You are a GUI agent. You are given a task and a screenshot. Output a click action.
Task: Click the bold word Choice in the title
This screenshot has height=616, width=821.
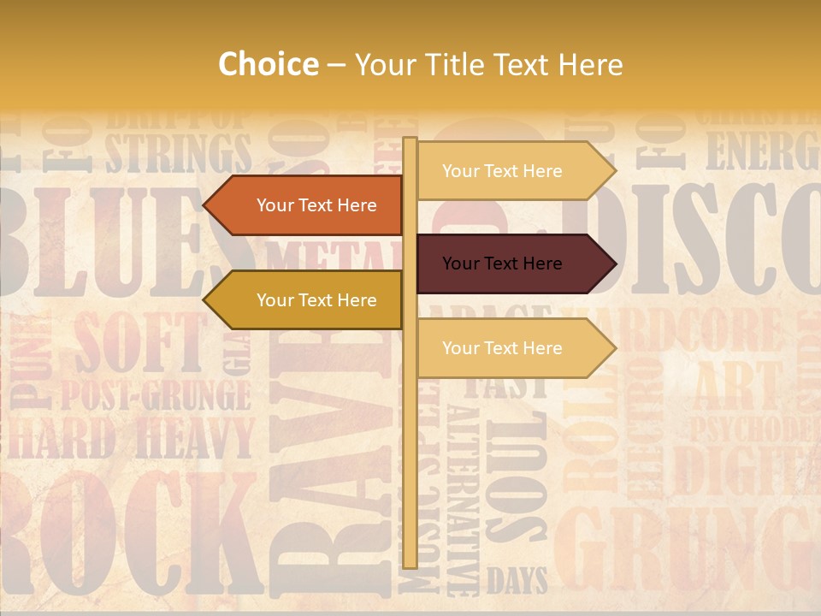pyautogui.click(x=268, y=65)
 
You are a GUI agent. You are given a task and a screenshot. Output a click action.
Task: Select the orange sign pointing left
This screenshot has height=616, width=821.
pyautogui.click(x=308, y=205)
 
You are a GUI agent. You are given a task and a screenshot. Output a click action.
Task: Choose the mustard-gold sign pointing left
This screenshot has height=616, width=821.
pyautogui.click(x=308, y=300)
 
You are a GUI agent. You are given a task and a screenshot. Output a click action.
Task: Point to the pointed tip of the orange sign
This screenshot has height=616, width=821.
pyautogui.click(x=206, y=205)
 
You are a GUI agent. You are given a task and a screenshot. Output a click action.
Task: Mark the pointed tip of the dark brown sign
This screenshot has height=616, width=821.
pyautogui.click(x=613, y=264)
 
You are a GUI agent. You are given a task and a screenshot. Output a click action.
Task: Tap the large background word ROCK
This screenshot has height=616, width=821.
pyautogui.click(x=128, y=530)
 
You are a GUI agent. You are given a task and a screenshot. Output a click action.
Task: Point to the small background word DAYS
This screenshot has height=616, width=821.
pyautogui.click(x=517, y=582)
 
